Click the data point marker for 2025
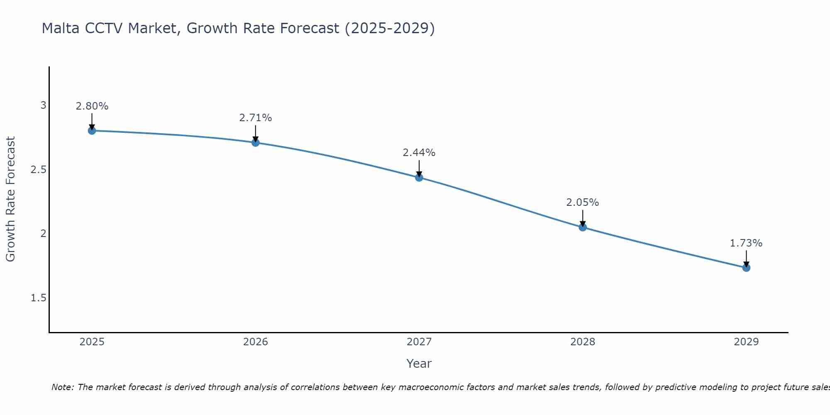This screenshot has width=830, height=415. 92,131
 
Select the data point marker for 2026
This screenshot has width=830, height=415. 256,143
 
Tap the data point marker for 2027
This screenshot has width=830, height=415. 419,178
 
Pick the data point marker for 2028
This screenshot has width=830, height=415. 583,227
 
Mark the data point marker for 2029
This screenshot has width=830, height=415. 746,268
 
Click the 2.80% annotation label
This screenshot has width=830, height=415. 92,106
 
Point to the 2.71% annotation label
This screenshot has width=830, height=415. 256,118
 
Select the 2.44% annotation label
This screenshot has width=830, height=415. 419,153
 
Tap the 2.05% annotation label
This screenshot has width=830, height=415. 583,203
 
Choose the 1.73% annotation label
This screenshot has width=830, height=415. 746,243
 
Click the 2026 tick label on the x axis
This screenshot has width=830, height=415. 256,342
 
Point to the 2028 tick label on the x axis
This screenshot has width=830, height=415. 583,342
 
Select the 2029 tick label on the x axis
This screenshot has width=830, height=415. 746,342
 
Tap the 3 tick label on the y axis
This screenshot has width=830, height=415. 43,105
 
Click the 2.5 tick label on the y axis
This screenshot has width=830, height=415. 39,170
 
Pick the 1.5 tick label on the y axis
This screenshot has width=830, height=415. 39,298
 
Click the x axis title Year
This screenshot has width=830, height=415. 419,364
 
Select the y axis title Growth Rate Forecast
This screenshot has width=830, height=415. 10,199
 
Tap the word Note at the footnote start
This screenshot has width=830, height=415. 62,387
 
